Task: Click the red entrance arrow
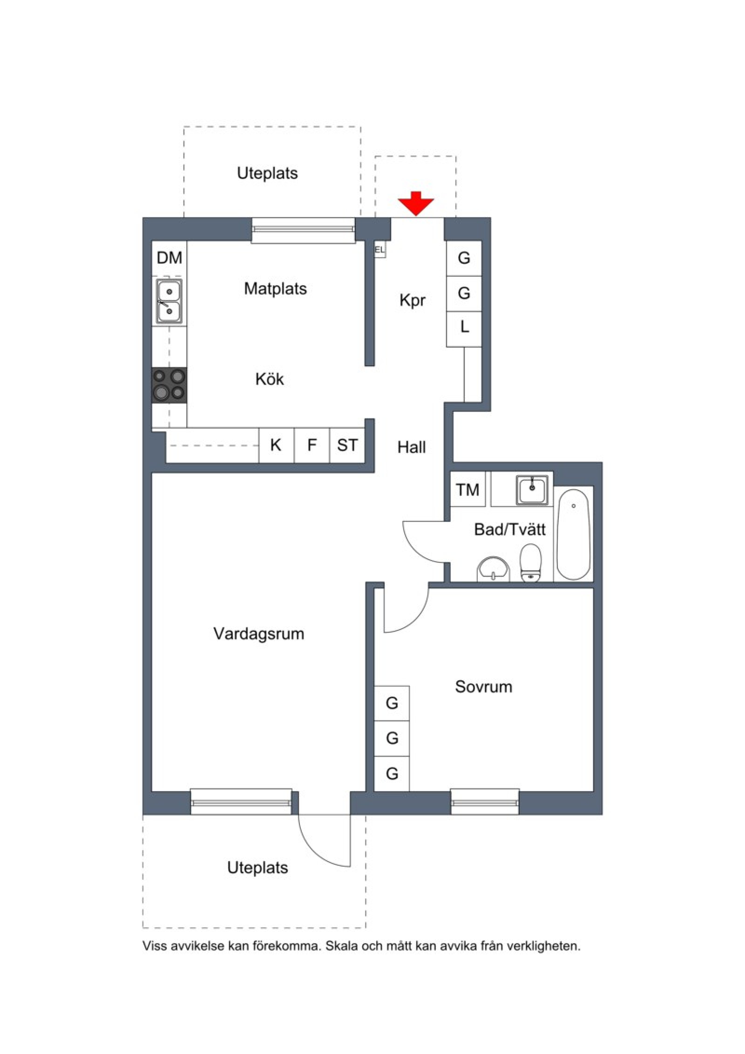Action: click(x=415, y=203)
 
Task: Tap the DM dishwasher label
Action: click(x=169, y=258)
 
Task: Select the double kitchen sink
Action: click(x=169, y=301)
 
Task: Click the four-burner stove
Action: click(x=169, y=385)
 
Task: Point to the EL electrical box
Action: click(x=380, y=250)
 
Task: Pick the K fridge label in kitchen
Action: click(x=276, y=445)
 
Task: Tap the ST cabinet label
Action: click(x=347, y=445)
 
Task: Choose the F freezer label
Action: click(x=312, y=445)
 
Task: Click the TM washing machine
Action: click(x=467, y=489)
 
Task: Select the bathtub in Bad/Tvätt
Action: click(x=574, y=534)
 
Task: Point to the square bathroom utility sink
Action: click(x=532, y=490)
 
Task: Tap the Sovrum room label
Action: click(x=483, y=686)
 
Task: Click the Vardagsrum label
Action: click(x=258, y=634)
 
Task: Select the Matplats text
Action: click(x=275, y=289)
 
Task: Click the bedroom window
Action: click(x=485, y=802)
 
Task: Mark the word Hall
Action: click(x=412, y=447)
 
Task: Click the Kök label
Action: click(x=270, y=379)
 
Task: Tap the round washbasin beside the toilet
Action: click(x=494, y=569)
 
